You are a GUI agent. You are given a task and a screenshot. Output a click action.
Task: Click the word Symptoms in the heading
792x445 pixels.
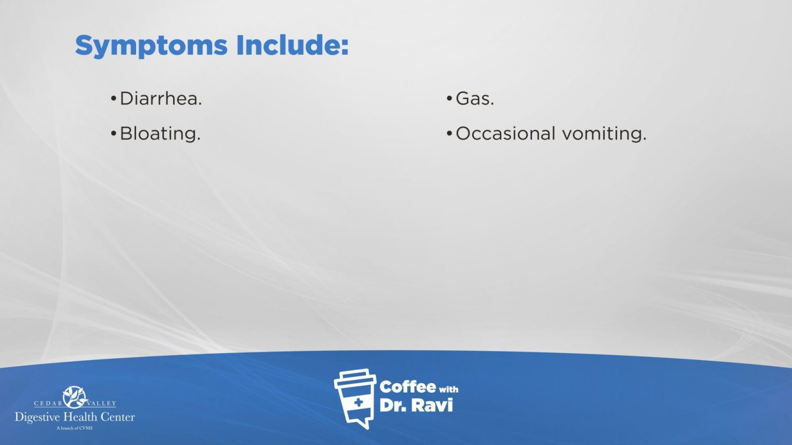pyautogui.click(x=151, y=46)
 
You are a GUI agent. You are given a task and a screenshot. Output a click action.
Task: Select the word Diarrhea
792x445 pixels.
pyautogui.click(x=161, y=98)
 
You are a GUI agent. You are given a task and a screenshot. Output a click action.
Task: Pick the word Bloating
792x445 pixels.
pyautogui.click(x=160, y=133)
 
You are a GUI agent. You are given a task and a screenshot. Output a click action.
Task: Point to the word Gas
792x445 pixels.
pyautogui.click(x=475, y=98)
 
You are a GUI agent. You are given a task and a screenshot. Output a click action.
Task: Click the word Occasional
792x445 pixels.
pyautogui.click(x=505, y=133)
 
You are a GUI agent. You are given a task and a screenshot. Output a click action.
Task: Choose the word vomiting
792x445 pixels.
pyautogui.click(x=604, y=134)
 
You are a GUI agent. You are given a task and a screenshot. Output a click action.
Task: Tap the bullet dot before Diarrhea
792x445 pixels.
pyautogui.click(x=113, y=98)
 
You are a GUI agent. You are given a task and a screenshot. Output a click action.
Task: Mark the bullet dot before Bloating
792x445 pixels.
pyautogui.click(x=113, y=133)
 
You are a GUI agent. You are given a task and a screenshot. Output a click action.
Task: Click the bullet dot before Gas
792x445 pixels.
pyautogui.click(x=449, y=98)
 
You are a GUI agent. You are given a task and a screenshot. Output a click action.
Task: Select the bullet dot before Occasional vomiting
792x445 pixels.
pyautogui.click(x=449, y=133)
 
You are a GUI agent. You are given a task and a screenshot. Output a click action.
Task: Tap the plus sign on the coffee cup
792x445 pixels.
pyautogui.click(x=358, y=402)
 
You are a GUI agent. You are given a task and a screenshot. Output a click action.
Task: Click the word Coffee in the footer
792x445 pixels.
pyautogui.click(x=408, y=387)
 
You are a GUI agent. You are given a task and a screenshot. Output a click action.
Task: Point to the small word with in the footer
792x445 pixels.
pyautogui.click(x=448, y=390)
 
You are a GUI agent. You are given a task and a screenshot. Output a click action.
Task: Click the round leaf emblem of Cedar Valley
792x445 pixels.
pyautogui.click(x=75, y=397)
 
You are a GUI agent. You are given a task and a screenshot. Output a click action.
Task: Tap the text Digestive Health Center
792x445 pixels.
pyautogui.click(x=75, y=417)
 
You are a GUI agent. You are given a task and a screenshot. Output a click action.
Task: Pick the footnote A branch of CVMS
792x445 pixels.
pyautogui.click(x=75, y=428)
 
